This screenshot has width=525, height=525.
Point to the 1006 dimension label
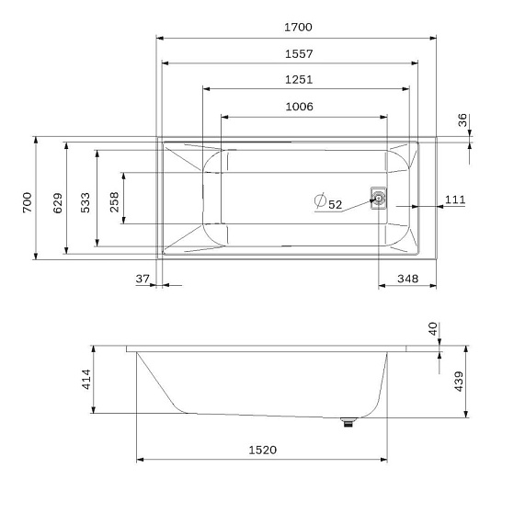click(298, 107)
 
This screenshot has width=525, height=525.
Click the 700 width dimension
click(27, 200)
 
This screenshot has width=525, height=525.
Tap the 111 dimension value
click(455, 200)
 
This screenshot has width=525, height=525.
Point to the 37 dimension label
click(142, 279)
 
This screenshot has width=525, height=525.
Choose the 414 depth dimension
click(86, 381)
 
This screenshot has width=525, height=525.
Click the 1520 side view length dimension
click(262, 450)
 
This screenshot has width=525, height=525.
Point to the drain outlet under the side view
click(347, 423)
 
